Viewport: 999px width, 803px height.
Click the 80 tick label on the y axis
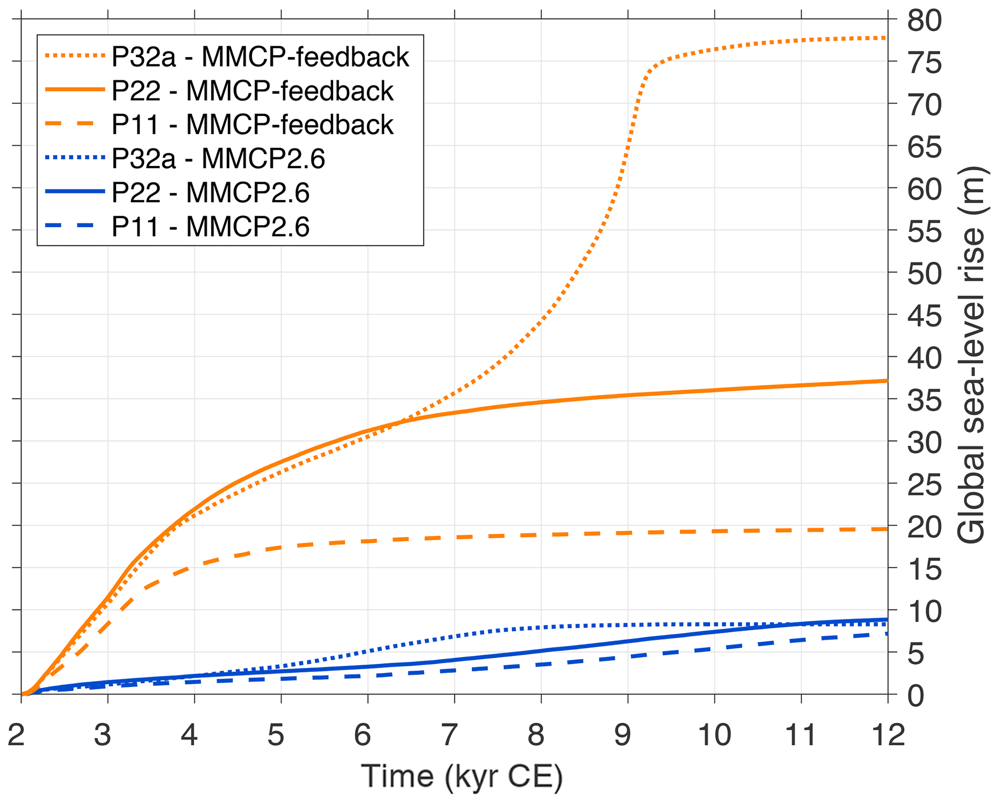coord(924,21)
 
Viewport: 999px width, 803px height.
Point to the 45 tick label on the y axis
coord(924,317)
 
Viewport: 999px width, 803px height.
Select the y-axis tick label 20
coord(924,527)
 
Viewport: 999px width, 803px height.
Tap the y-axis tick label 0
coord(915,697)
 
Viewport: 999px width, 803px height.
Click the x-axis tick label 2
coord(16,735)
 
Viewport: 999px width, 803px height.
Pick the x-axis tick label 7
coord(449,735)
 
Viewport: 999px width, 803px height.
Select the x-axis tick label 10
coord(714,735)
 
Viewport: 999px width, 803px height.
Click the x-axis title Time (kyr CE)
coord(462,777)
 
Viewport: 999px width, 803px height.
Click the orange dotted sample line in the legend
coord(75,56)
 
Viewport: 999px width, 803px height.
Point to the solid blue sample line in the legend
coord(75,192)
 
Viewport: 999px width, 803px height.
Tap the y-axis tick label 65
coord(924,147)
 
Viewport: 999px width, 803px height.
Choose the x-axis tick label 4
coord(189,735)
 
